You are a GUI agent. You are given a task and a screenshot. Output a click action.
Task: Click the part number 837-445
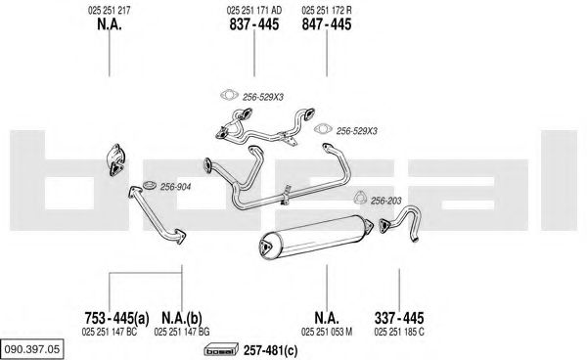253,24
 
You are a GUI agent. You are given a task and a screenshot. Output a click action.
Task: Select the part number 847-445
327,24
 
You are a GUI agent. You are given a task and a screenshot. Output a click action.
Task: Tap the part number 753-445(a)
116,319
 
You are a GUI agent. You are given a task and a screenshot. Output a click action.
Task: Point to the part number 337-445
399,319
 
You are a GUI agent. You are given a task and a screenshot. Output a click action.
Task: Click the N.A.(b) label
182,319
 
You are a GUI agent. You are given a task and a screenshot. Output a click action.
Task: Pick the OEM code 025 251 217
110,11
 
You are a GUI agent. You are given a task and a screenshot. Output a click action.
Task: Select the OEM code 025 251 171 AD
254,10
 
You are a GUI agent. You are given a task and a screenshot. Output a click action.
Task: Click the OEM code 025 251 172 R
327,10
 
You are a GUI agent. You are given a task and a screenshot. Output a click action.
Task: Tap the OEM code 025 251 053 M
327,332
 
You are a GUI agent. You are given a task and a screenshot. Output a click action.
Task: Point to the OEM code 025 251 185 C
399,332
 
